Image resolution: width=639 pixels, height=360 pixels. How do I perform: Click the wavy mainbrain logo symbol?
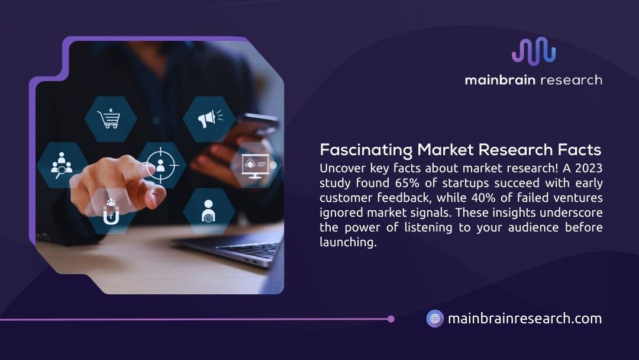pyautogui.click(x=534, y=52)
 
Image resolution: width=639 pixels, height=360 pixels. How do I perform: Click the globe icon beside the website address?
pyautogui.click(x=435, y=319)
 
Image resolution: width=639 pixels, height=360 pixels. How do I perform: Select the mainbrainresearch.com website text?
pyautogui.click(x=525, y=319)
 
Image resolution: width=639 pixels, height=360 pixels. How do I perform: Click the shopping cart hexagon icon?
pyautogui.click(x=111, y=119)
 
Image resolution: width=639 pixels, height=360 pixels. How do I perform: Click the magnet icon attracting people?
pyautogui.click(x=111, y=211)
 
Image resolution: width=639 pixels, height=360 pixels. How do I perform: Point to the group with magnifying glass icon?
pyautogui.click(x=62, y=165)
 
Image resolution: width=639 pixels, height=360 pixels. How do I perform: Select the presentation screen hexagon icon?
pyautogui.click(x=258, y=165)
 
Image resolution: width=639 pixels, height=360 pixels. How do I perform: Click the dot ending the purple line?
pyautogui.click(x=390, y=319)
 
